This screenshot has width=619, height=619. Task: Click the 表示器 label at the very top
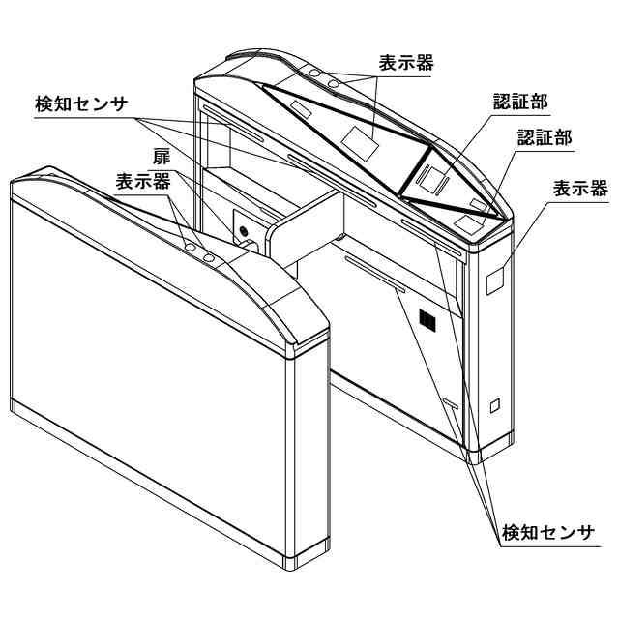click(406, 63)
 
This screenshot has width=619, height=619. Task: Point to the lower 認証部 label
click(544, 137)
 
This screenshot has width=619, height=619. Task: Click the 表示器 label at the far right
click(580, 189)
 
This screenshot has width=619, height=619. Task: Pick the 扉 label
click(161, 156)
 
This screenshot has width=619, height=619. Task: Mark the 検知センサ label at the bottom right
click(549, 532)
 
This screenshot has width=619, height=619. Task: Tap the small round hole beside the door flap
click(244, 232)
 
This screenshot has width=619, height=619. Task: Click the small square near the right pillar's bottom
click(495, 405)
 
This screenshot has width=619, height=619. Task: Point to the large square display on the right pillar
click(494, 279)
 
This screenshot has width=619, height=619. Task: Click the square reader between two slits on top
click(435, 174)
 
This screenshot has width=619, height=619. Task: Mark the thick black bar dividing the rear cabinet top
click(416, 172)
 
